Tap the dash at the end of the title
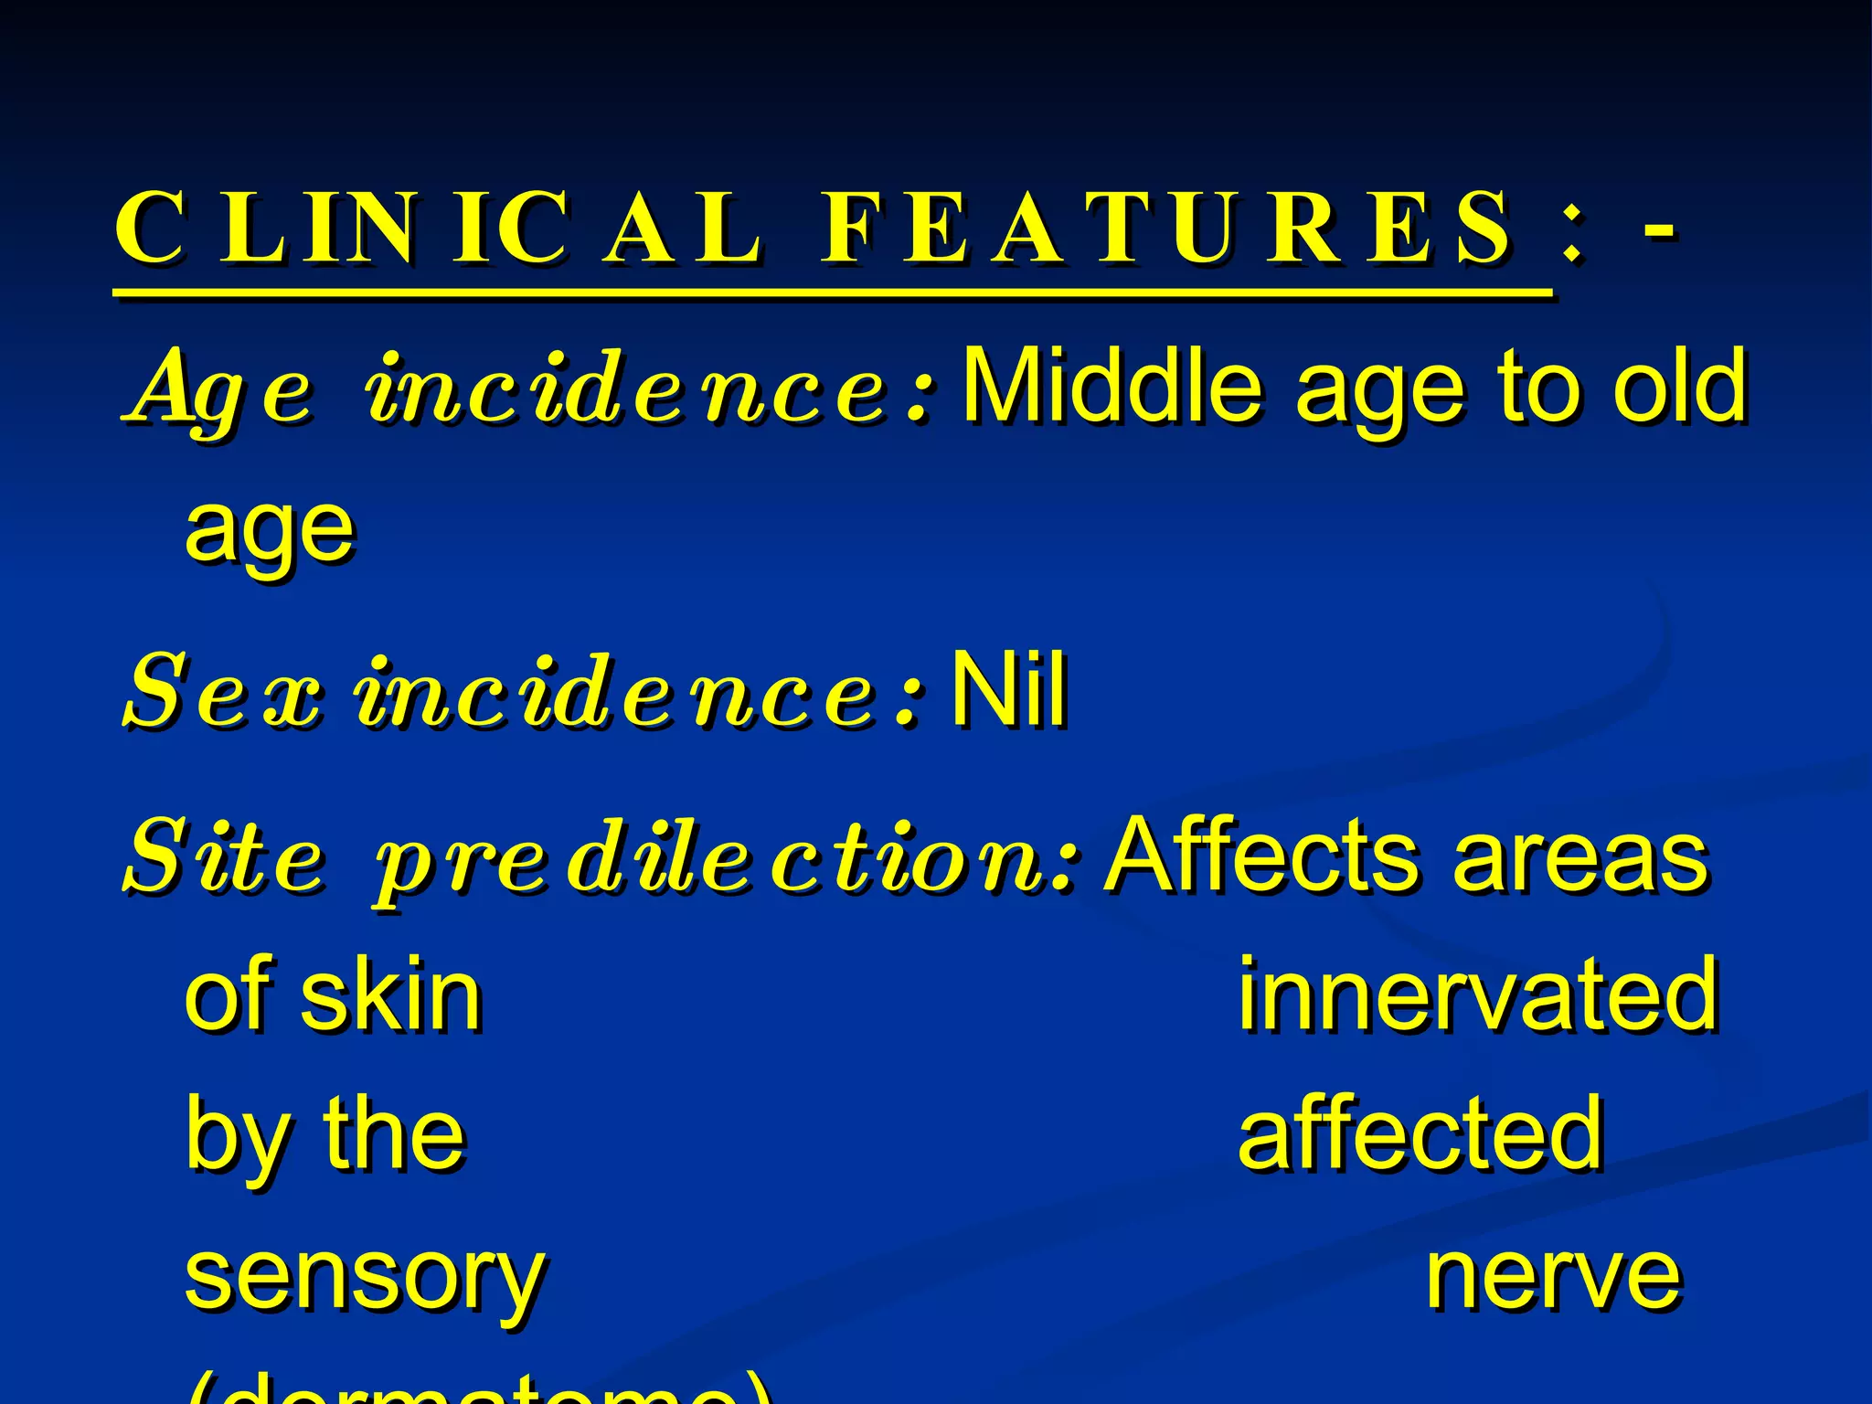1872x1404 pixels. (1658, 229)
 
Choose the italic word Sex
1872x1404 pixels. (223, 695)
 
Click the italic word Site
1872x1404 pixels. (225, 859)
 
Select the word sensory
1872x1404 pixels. (365, 1280)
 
